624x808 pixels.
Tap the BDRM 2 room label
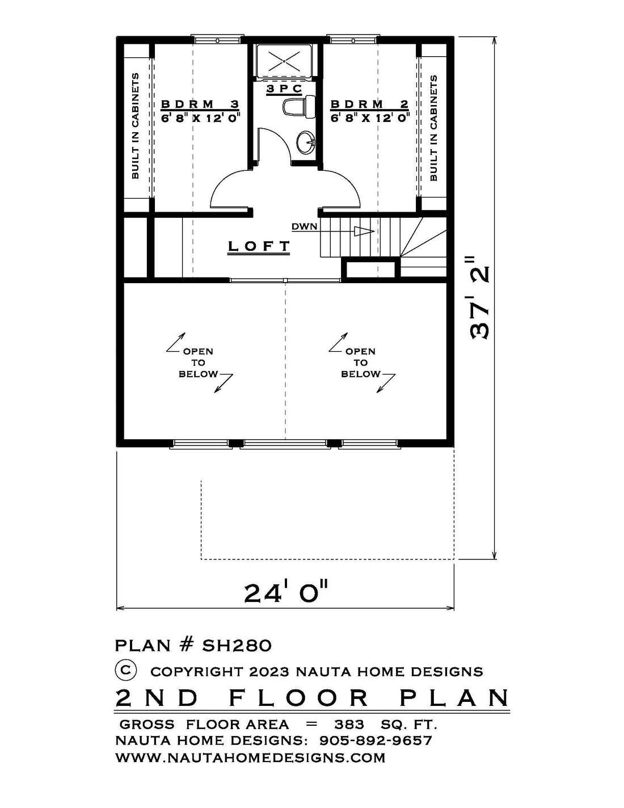point(370,104)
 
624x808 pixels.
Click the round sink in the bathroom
point(306,142)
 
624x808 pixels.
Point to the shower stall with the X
point(284,61)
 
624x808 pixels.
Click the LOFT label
point(259,246)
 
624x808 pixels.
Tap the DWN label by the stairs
point(305,226)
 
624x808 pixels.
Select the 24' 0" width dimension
point(285,593)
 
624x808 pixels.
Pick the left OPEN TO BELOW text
point(198,363)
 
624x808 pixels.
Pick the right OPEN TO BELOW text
point(360,363)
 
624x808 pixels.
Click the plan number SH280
point(237,646)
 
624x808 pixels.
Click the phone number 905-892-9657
point(376,740)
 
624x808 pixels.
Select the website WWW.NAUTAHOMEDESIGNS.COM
point(251,757)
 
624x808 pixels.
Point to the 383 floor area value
point(349,724)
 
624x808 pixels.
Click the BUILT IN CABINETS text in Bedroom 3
point(135,125)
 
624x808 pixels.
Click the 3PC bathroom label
point(284,89)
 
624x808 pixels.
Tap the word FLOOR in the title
point(298,698)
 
